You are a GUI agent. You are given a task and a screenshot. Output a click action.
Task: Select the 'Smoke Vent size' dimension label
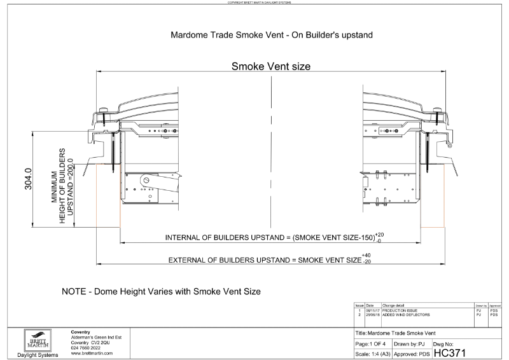[270, 66]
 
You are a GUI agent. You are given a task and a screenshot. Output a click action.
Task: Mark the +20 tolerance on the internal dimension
[380, 234]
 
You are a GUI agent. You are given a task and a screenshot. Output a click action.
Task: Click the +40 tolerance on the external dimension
[366, 256]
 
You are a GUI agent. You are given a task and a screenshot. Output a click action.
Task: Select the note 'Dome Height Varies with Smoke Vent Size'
[161, 292]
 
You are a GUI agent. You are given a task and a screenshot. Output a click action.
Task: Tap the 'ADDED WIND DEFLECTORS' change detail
[407, 315]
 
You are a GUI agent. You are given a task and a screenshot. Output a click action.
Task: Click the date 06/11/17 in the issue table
[372, 310]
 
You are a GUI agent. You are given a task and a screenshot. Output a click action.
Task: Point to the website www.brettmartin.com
[92, 353]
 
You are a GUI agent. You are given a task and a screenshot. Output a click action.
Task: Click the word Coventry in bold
[83, 332]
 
